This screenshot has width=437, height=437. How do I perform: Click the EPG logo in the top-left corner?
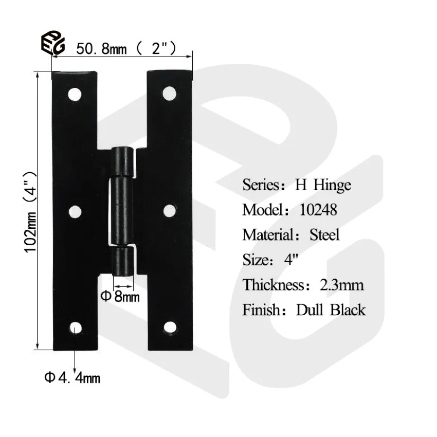[53, 44]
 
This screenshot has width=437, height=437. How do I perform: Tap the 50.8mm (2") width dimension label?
[126, 49]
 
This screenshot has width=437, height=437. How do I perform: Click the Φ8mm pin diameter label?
[120, 297]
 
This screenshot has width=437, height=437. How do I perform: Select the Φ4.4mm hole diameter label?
[72, 379]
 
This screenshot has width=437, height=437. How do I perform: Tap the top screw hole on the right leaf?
[168, 93]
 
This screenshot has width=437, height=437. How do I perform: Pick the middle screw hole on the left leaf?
[76, 211]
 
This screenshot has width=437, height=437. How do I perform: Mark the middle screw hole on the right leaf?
[169, 211]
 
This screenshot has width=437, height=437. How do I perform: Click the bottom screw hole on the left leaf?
[76, 327]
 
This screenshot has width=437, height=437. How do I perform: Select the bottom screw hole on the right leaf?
[169, 327]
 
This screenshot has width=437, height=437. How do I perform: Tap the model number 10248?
[318, 210]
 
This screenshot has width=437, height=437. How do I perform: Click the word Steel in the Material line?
[324, 235]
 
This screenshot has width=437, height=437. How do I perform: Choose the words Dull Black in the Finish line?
[331, 310]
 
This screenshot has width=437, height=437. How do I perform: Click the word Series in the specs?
[261, 185]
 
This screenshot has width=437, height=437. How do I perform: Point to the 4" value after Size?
[291, 260]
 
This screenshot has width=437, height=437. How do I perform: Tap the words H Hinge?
[322, 185]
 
